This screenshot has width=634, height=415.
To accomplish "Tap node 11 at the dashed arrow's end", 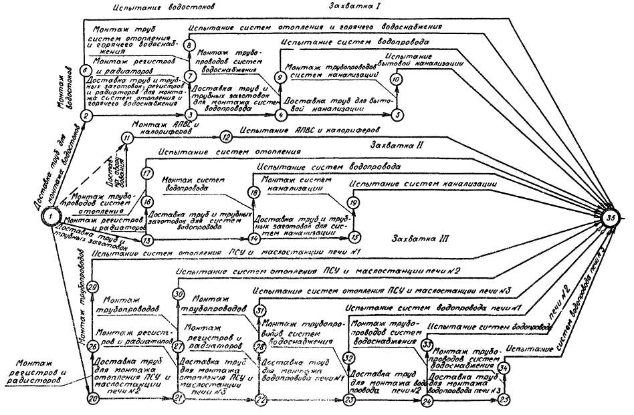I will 126,138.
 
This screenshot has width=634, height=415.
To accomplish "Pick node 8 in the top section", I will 189,45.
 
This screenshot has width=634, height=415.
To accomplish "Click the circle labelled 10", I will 396,78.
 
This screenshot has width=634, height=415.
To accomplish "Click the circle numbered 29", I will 92,287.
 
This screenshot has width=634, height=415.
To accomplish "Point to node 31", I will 261,310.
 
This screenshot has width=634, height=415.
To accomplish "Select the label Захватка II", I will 395,144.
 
